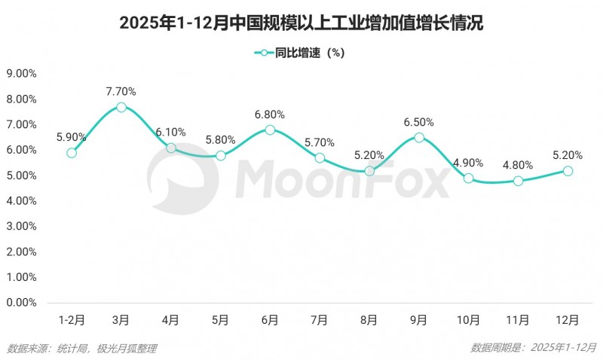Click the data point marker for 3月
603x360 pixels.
pyautogui.click(x=121, y=107)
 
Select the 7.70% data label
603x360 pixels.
pyautogui.click(x=121, y=91)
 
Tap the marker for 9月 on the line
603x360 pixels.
pyautogui.click(x=419, y=138)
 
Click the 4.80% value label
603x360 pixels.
pyautogui.click(x=519, y=165)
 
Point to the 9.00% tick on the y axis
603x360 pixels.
pyautogui.click(x=21, y=74)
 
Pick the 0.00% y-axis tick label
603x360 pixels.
pyautogui.click(x=21, y=303)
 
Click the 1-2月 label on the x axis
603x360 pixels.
pyautogui.click(x=72, y=320)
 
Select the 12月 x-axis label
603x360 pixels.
pyautogui.click(x=568, y=320)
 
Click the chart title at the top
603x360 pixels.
pyautogui.click(x=301, y=23)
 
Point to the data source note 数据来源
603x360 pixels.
pyautogui.click(x=82, y=348)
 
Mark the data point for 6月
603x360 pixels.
pyautogui.click(x=270, y=130)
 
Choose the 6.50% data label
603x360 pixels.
pyautogui.click(x=419, y=122)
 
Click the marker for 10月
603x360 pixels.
pyautogui.click(x=469, y=178)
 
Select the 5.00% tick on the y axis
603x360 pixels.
pyautogui.click(x=21, y=175)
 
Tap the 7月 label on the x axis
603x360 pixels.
pyautogui.click(x=320, y=320)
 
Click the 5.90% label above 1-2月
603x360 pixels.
pyautogui.click(x=72, y=137)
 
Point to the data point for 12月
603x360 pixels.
pyautogui.click(x=568, y=171)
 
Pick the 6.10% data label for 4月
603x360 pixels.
pyautogui.click(x=171, y=133)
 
